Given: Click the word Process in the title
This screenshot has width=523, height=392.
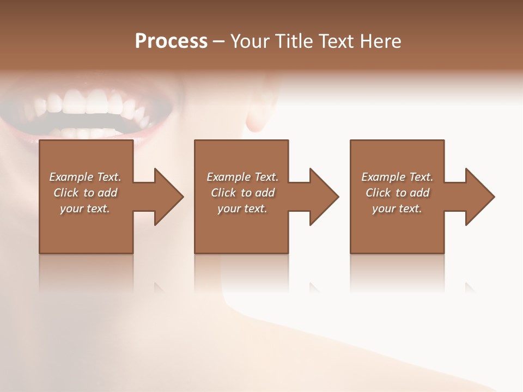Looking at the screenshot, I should (x=171, y=41).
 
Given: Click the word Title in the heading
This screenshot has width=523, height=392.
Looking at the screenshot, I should (x=291, y=41).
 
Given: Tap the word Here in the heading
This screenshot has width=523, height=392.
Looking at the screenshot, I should (x=379, y=41).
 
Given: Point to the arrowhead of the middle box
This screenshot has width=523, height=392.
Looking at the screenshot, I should (x=324, y=197).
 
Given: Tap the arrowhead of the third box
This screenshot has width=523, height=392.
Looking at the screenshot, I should (x=479, y=197).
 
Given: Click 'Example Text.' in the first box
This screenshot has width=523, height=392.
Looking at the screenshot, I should (x=85, y=177).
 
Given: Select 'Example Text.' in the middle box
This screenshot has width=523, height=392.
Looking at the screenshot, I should (x=242, y=177).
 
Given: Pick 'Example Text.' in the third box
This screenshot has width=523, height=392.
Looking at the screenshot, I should (x=397, y=177).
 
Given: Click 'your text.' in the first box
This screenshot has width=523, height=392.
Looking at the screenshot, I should (x=85, y=209).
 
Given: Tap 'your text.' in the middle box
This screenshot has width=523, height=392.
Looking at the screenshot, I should (x=242, y=209).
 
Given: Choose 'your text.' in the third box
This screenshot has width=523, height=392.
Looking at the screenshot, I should (x=397, y=209).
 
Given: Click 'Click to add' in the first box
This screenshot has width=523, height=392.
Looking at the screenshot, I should (x=85, y=193).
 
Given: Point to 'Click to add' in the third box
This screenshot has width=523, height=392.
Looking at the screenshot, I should (x=397, y=193).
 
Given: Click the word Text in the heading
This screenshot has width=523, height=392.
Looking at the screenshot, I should (x=334, y=41).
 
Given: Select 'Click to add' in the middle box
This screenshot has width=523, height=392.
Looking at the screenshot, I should (x=242, y=193).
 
